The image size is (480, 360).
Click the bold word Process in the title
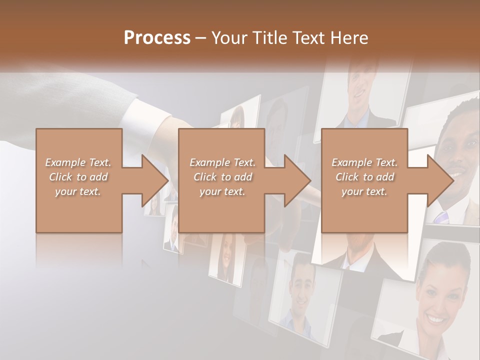[x=157, y=38]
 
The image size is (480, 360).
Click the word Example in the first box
[x=65, y=162]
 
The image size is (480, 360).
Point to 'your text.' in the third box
[x=364, y=191]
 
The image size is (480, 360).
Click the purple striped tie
[x=442, y=217]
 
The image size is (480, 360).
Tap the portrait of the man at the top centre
[x=362, y=92]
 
